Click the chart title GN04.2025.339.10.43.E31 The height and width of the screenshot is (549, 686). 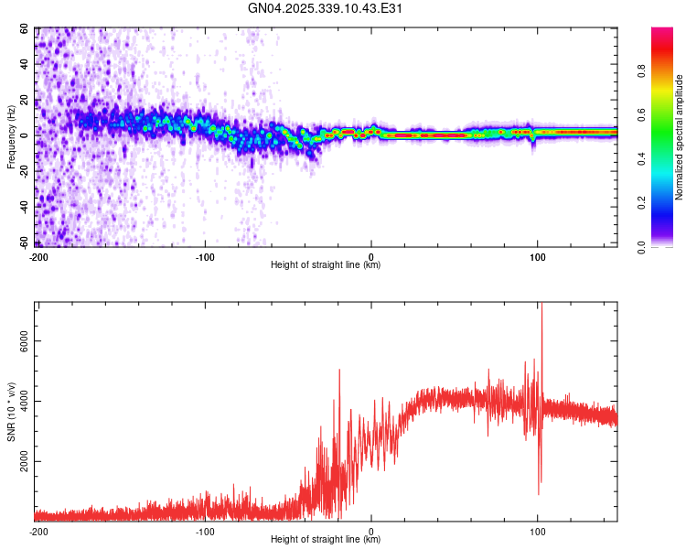click(x=327, y=8)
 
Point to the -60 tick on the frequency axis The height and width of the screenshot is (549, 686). click(x=24, y=242)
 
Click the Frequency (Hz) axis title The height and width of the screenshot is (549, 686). click(x=11, y=137)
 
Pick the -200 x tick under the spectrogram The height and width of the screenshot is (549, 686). click(x=38, y=257)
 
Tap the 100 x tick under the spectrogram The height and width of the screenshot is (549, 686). click(x=538, y=257)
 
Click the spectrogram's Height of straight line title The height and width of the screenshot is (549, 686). click(x=327, y=265)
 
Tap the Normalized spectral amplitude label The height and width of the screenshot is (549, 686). click(x=679, y=137)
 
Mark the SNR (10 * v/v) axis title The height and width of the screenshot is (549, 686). click(x=11, y=412)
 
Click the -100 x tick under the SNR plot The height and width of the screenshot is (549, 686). click(x=205, y=532)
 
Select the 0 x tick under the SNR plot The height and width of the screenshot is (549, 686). click(x=371, y=532)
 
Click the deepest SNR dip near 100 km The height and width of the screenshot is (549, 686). click(x=539, y=494)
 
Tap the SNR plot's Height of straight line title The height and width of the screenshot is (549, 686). click(x=327, y=540)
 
